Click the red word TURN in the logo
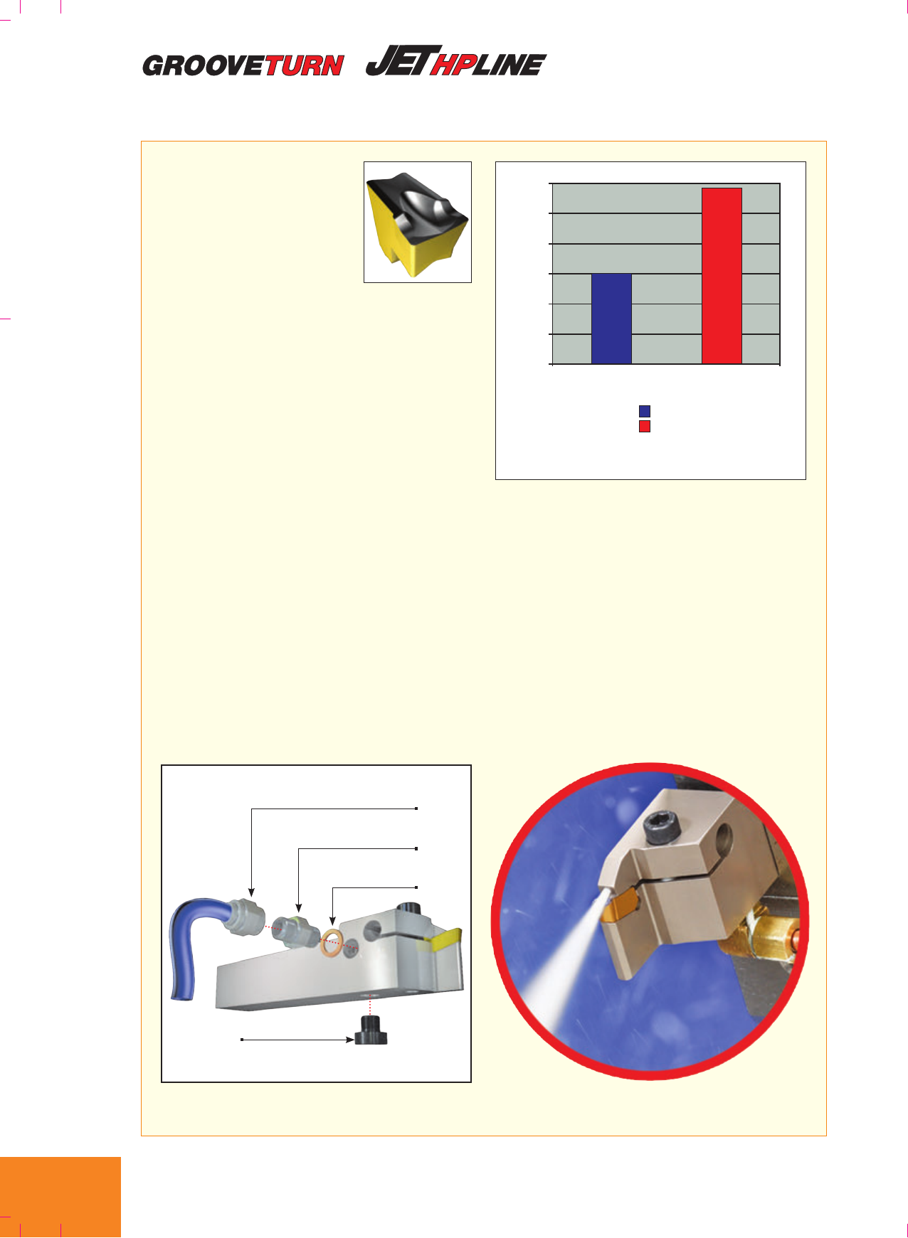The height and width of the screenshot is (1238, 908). click(x=305, y=65)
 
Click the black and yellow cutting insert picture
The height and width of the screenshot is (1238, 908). click(x=417, y=222)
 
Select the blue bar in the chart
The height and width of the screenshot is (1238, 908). click(x=611, y=319)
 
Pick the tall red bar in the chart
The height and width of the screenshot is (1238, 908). click(x=722, y=276)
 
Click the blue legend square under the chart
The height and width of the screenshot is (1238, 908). click(x=645, y=411)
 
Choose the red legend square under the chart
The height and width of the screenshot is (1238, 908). click(x=645, y=427)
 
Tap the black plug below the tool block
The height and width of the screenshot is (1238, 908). click(x=371, y=1030)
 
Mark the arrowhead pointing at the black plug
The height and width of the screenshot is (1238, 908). click(x=350, y=1040)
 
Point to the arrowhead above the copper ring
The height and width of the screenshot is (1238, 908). click(x=332, y=921)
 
